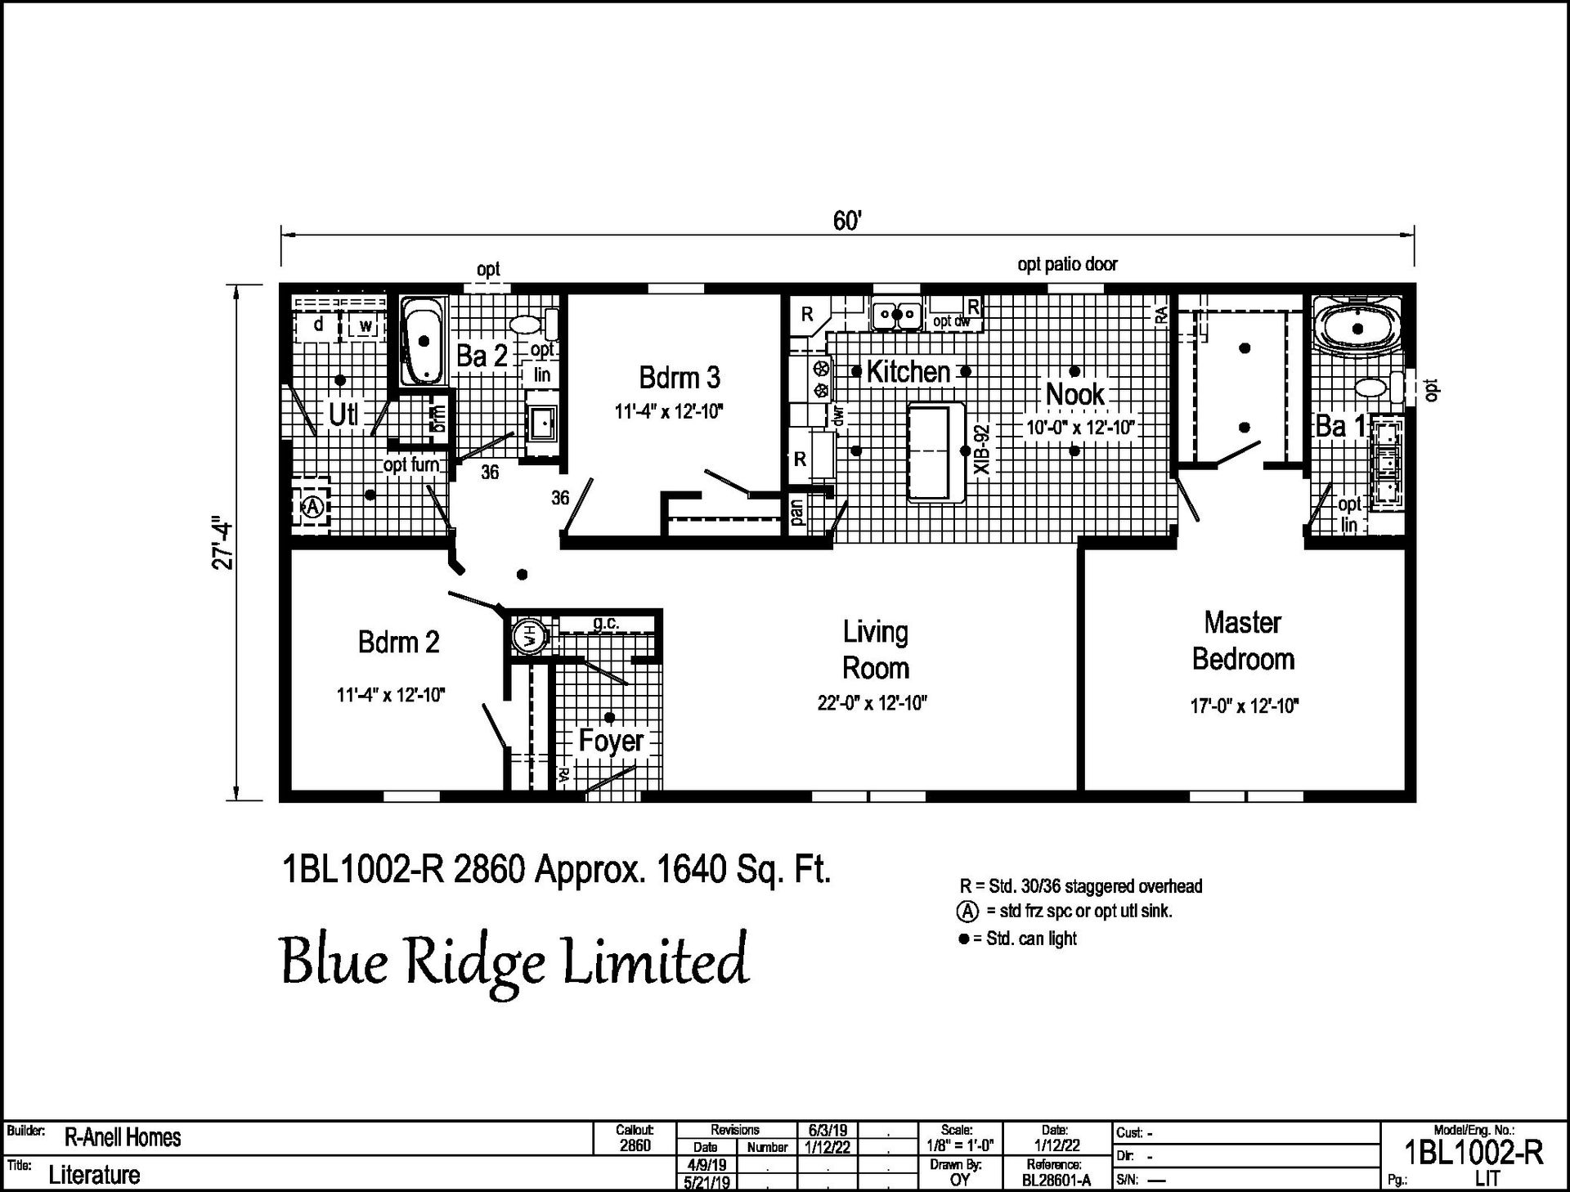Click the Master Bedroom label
[x=1243, y=640]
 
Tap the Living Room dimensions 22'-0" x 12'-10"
[x=872, y=703]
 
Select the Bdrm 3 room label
[x=680, y=378]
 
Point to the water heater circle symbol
[x=527, y=634]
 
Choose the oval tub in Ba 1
[x=1357, y=329]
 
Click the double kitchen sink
[x=896, y=315]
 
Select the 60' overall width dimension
[x=848, y=222]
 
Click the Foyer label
[x=611, y=741]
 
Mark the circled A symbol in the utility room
[x=312, y=507]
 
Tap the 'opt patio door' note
[x=1067, y=264]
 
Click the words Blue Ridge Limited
[x=514, y=961]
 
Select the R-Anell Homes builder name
[x=123, y=1137]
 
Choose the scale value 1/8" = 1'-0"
[x=960, y=1146]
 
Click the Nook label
[x=1075, y=394]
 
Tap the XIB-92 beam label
[x=982, y=449]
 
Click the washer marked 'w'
[x=366, y=326]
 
